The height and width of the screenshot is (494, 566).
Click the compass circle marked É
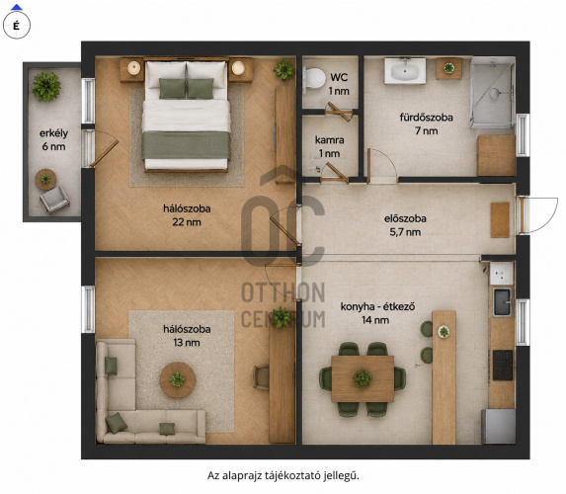point(16,26)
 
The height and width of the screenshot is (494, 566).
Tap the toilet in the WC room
point(314,78)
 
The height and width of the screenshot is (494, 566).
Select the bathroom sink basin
point(405,71)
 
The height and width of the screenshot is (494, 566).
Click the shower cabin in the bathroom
point(492,93)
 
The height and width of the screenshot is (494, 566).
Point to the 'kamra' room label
point(329,139)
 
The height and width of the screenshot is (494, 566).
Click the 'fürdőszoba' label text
point(426,118)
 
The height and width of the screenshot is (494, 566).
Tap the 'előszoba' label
point(405,218)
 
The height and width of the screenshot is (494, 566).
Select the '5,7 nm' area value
point(405,232)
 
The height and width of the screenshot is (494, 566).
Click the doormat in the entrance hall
point(500,220)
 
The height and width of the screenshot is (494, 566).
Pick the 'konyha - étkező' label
point(377,307)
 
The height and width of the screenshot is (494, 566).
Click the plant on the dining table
point(363,378)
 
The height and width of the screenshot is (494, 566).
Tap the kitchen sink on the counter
point(502,302)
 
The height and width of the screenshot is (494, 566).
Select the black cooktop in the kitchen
point(503,365)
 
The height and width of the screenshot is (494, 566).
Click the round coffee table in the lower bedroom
point(178,380)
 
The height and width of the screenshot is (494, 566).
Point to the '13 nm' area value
point(187,342)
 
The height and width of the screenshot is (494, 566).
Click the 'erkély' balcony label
point(53,133)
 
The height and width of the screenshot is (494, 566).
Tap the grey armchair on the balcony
point(54,200)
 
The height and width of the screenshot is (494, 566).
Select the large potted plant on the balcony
point(46,86)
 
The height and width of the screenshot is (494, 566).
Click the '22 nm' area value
point(187,222)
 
